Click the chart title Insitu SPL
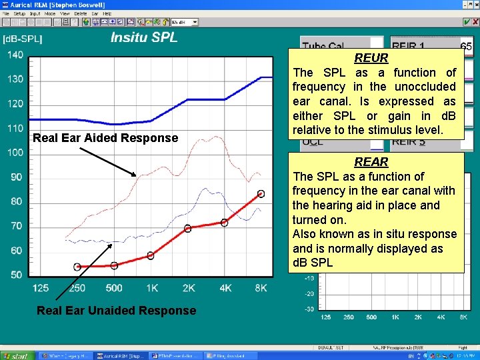[x=144, y=37]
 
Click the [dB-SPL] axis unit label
[x=23, y=39]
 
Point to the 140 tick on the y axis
[x=15, y=55]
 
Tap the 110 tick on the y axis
[x=15, y=128]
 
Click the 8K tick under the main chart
[x=261, y=288]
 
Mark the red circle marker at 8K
[x=261, y=194]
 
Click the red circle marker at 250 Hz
[x=77, y=267]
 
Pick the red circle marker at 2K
[x=187, y=229]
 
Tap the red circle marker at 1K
[x=151, y=255]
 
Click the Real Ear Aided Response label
[x=105, y=138]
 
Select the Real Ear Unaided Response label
[x=116, y=311]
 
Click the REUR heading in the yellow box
[x=371, y=59]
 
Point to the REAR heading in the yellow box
[x=371, y=162]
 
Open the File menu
[x=6, y=13]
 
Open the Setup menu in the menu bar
[x=19, y=13]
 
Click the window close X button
[x=474, y=5]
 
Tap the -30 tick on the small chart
[x=309, y=309]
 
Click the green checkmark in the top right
[x=467, y=22]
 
